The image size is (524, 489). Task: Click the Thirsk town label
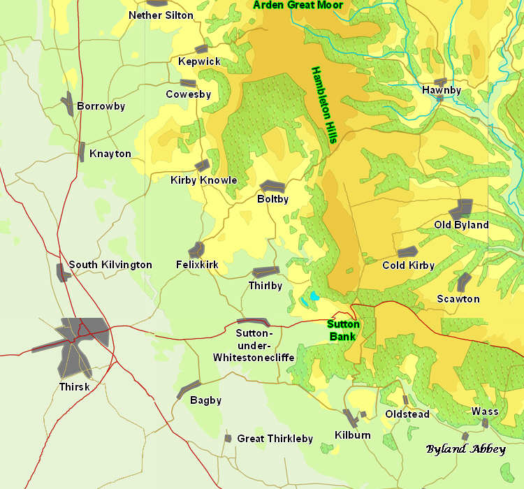click(x=75, y=386)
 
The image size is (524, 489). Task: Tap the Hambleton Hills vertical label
click(x=324, y=105)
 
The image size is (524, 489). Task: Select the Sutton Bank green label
click(x=344, y=330)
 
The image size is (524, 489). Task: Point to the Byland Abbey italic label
click(x=465, y=449)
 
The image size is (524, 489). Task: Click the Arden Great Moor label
click(x=298, y=5)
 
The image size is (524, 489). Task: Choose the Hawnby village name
click(x=442, y=90)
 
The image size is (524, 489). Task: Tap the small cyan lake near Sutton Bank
click(x=314, y=296)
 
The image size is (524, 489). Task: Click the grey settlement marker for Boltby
click(x=272, y=186)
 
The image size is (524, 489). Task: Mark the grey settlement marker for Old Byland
click(x=461, y=208)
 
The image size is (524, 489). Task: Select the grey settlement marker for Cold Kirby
click(x=407, y=252)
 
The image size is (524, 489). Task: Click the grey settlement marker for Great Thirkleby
click(x=228, y=438)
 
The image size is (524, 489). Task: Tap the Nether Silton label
click(x=161, y=15)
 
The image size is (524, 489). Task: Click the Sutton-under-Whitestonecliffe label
click(x=254, y=345)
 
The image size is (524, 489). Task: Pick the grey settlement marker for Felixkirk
click(x=196, y=249)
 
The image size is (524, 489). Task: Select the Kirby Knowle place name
click(x=204, y=180)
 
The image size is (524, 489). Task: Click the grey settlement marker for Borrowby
click(x=67, y=103)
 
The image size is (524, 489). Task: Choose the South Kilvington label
click(x=110, y=265)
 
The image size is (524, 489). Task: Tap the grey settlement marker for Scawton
click(x=464, y=282)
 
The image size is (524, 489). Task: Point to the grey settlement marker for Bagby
click(x=189, y=390)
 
